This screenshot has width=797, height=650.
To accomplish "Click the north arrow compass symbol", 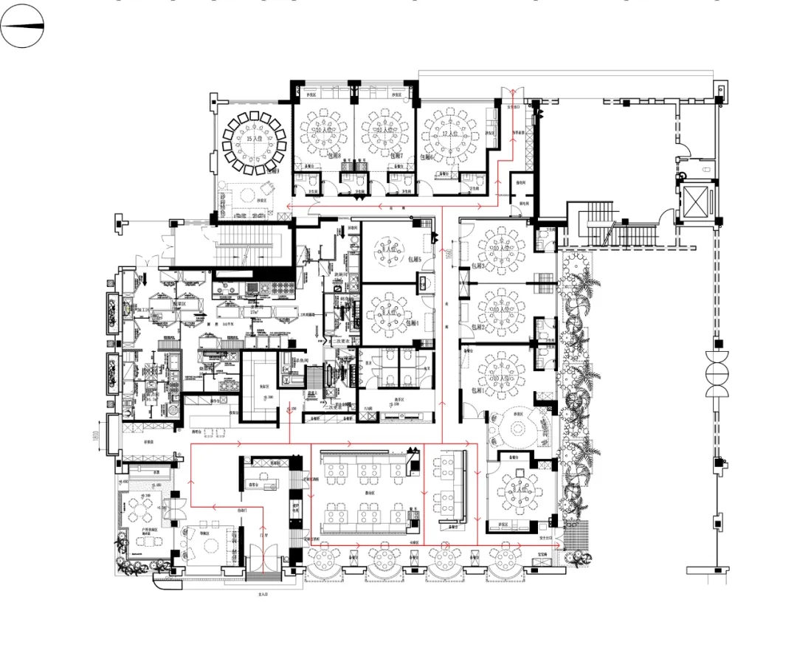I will tap(22, 25).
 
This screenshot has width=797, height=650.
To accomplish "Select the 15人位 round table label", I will tap(255, 139).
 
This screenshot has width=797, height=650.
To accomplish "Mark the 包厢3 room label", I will tap(472, 266).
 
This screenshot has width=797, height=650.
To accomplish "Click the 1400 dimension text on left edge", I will tap(97, 436).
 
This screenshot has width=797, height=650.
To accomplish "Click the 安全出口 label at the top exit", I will tap(508, 106).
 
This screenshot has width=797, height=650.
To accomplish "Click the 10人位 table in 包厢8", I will tap(324, 131).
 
